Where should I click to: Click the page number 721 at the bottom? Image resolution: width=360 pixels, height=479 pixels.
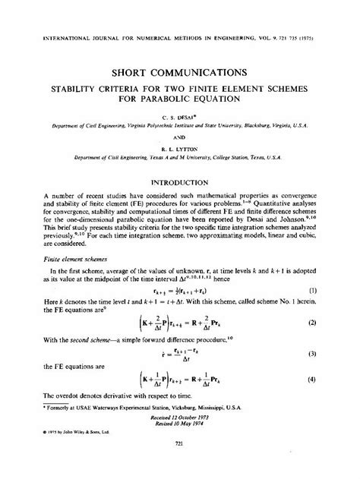(180, 464)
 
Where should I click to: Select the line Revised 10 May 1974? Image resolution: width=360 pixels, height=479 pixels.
(180, 433)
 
